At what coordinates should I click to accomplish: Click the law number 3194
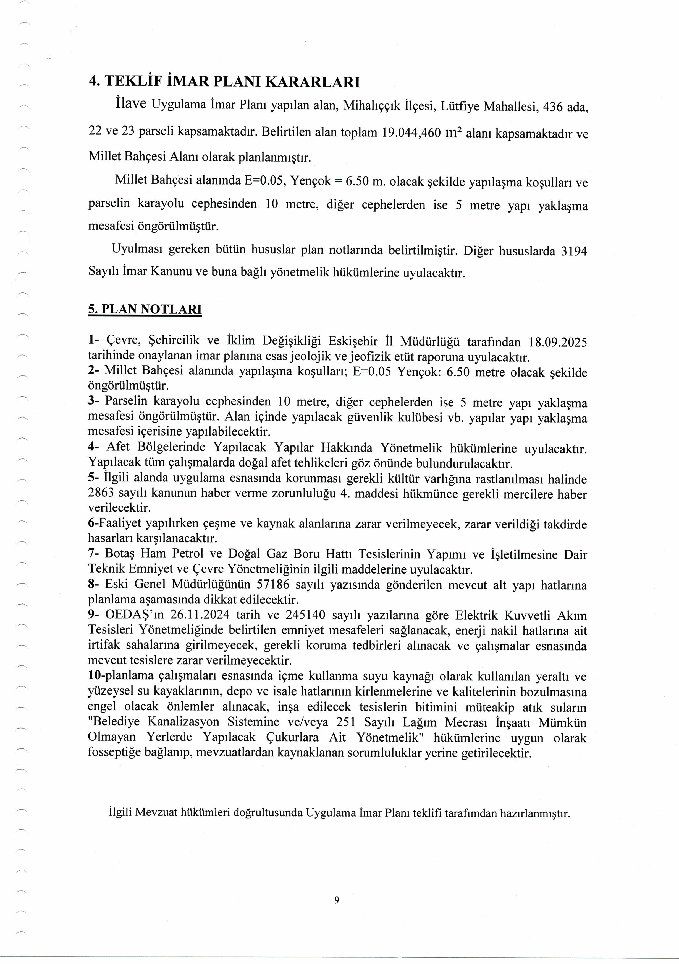574,251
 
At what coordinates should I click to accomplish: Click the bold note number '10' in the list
94,676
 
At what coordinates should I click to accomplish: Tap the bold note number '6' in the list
91,524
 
